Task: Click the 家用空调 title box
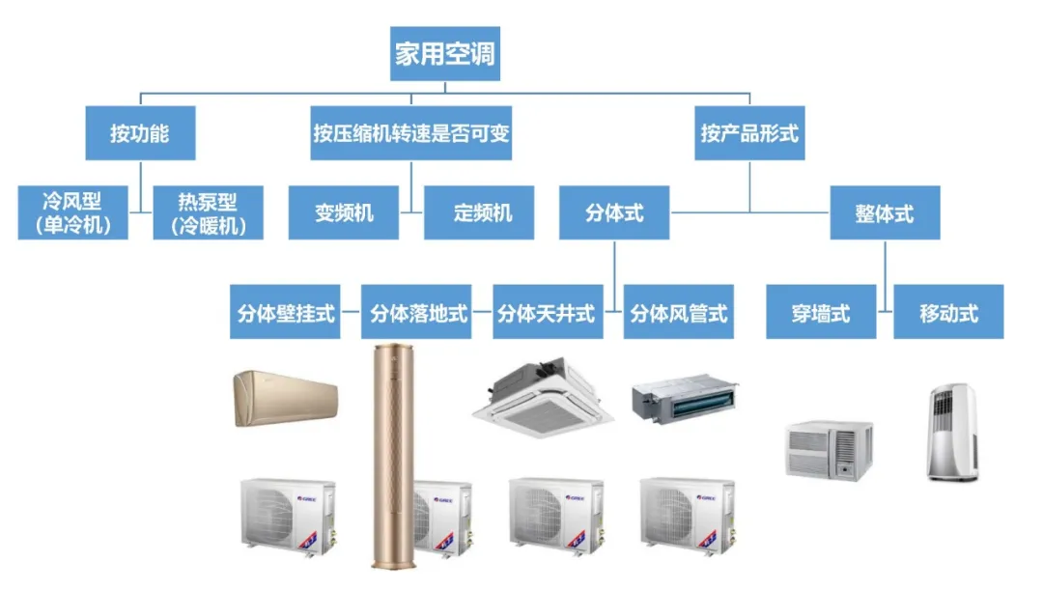point(445,53)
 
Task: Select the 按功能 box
point(139,133)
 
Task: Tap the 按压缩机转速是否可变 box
point(411,133)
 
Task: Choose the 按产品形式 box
point(749,133)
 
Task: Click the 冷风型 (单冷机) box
point(72,213)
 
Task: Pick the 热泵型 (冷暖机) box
point(208,213)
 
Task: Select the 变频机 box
point(344,212)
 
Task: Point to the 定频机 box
point(479,212)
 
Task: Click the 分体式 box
point(614,212)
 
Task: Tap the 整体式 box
point(885,212)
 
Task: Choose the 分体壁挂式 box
point(285,313)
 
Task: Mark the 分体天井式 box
point(547,313)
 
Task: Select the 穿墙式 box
point(821,313)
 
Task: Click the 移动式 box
point(948,313)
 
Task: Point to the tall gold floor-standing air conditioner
point(393,454)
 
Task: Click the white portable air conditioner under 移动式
point(952,432)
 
